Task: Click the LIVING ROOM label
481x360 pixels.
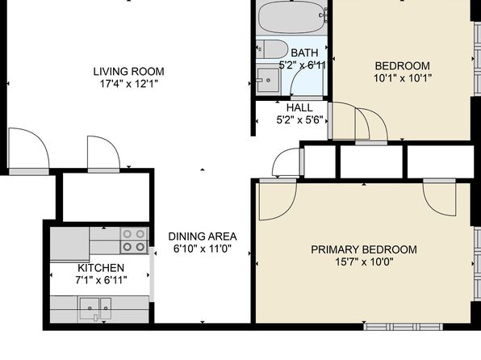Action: click(x=129, y=72)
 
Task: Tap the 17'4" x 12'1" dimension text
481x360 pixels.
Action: click(x=129, y=84)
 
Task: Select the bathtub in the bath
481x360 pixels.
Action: click(x=291, y=17)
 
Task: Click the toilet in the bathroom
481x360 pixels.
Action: click(x=272, y=48)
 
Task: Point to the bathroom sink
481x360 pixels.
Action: click(x=268, y=80)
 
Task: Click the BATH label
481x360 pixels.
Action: click(x=304, y=52)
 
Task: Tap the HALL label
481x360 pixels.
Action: click(x=299, y=107)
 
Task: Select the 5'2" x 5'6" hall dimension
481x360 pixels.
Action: click(x=299, y=120)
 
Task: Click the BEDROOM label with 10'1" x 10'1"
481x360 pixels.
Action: click(x=403, y=66)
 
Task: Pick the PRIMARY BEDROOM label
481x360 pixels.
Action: click(x=364, y=249)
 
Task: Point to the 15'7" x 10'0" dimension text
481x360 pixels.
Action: click(x=364, y=262)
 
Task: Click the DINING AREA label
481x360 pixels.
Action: click(x=203, y=237)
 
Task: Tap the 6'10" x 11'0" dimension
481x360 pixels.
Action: click(x=203, y=249)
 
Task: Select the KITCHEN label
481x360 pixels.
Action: click(x=101, y=268)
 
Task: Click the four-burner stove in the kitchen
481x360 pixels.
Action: click(x=134, y=241)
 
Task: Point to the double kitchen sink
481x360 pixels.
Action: click(x=95, y=308)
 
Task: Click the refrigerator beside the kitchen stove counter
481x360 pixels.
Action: click(x=69, y=245)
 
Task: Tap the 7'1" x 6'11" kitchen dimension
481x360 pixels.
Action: click(x=101, y=280)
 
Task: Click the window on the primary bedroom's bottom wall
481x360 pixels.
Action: click(x=403, y=327)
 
